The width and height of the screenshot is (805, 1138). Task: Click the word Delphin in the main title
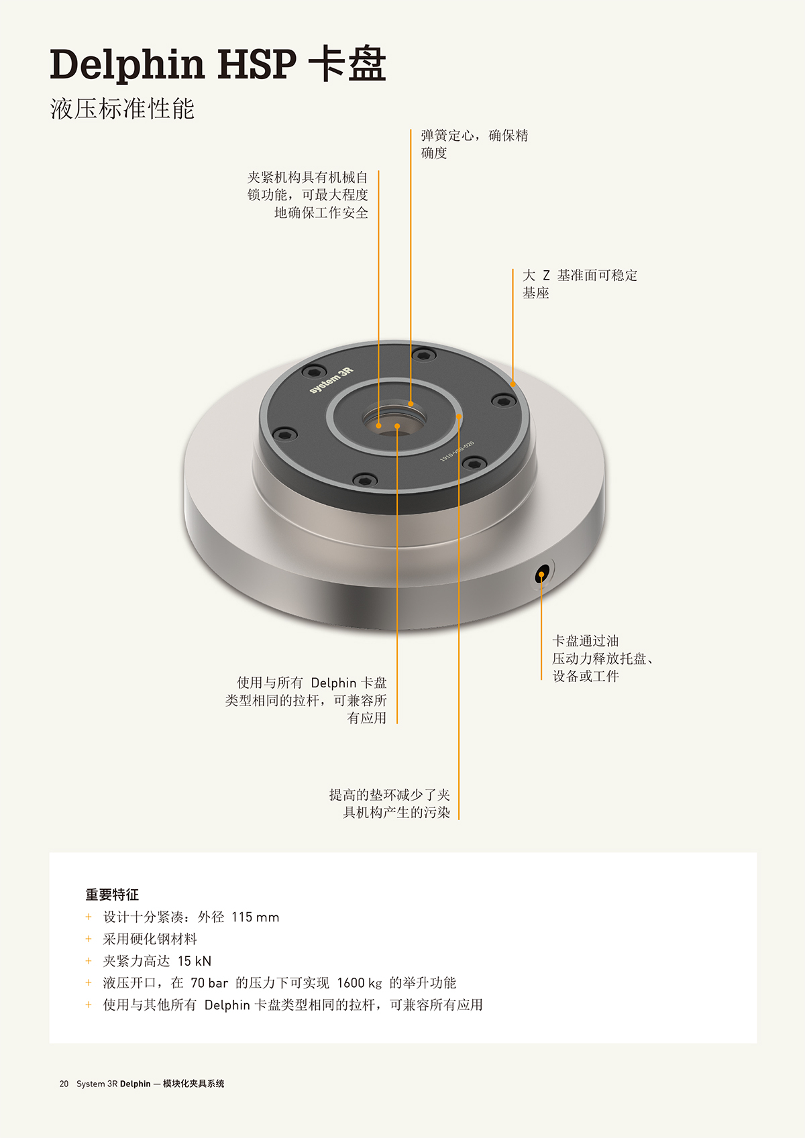click(x=127, y=65)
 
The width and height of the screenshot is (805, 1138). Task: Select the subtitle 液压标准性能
click(x=122, y=108)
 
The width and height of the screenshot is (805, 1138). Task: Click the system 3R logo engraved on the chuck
click(x=331, y=380)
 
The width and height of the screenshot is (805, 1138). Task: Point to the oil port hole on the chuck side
click(x=542, y=575)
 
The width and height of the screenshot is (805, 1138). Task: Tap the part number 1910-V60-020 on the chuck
click(x=456, y=451)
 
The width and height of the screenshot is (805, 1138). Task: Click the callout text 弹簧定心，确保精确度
click(x=474, y=144)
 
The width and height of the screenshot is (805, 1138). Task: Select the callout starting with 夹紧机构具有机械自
click(x=307, y=194)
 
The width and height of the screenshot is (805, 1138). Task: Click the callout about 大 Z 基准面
click(x=580, y=284)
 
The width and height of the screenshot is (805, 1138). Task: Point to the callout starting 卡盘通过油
click(x=602, y=658)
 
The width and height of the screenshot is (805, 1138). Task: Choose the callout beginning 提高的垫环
click(x=389, y=803)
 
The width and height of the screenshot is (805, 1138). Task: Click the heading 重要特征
click(x=112, y=895)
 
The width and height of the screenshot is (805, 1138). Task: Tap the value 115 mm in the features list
click(x=255, y=917)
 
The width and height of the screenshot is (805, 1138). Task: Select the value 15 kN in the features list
click(x=194, y=961)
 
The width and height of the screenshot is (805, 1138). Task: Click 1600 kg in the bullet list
click(x=360, y=982)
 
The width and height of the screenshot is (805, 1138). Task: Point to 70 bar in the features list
click(x=209, y=983)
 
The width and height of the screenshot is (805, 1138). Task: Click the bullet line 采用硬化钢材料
click(x=150, y=939)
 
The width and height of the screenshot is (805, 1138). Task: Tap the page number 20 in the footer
click(x=64, y=1084)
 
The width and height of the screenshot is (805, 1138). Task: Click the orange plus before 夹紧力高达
click(x=89, y=961)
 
